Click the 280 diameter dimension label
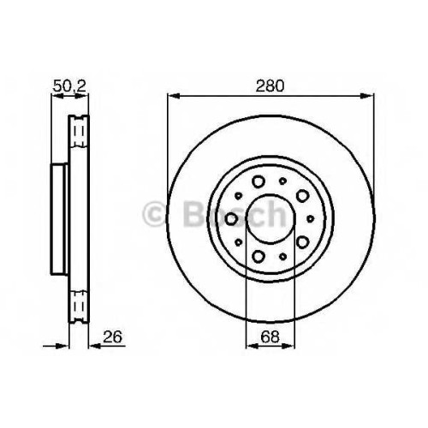270,86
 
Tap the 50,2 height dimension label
69,86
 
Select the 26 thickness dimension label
112,336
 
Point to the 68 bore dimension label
270,336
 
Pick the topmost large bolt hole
259,181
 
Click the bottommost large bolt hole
259,256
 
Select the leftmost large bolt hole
231,219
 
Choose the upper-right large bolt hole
302,195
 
